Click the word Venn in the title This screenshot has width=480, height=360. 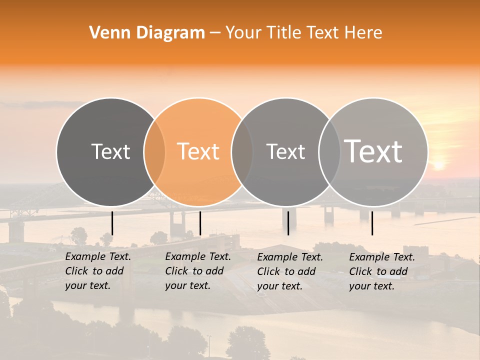[104, 33]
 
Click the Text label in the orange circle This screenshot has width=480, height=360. [198, 151]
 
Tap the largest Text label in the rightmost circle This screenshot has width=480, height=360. [373, 151]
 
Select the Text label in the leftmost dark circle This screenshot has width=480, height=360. [111, 151]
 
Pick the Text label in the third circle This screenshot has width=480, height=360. [286, 151]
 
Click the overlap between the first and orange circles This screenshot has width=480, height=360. [154, 152]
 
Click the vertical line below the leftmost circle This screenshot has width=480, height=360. [112, 223]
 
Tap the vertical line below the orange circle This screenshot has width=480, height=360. [200, 223]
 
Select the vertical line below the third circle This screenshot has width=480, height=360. [288, 223]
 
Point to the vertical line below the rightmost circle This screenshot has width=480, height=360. [372, 223]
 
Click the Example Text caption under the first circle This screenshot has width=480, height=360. [98, 271]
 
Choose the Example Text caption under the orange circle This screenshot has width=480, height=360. [198, 271]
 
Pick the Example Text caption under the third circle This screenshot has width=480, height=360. [290, 271]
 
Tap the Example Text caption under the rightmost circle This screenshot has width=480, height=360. [382, 271]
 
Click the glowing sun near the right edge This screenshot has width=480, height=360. [438, 164]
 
